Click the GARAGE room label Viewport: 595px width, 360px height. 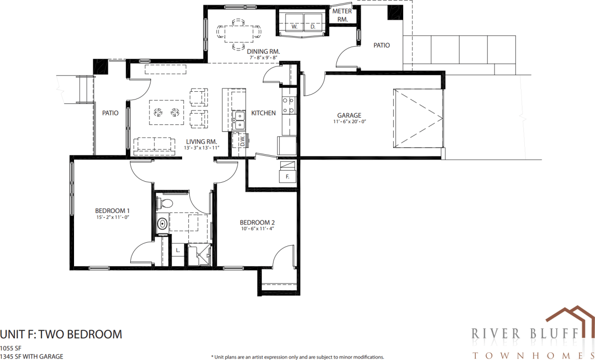pyautogui.click(x=349, y=115)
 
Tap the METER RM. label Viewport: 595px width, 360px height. pyautogui.click(x=342, y=15)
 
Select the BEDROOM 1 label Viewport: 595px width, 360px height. pyautogui.click(x=112, y=211)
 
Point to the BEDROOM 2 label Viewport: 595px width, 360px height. pyautogui.click(x=257, y=223)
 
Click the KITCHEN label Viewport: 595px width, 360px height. pyautogui.click(x=263, y=113)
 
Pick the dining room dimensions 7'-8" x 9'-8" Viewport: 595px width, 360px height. pyautogui.click(x=264, y=58)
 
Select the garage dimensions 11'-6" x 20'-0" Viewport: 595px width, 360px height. pyautogui.click(x=349, y=122)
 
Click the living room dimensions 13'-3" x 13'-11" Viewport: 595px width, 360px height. pyautogui.click(x=201, y=148)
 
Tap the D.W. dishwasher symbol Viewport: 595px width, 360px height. pyautogui.click(x=242, y=141)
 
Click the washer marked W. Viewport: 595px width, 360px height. pyautogui.click(x=294, y=27)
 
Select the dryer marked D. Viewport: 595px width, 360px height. pyautogui.click(x=312, y=27)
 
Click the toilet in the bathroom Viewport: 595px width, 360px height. pyautogui.click(x=165, y=202)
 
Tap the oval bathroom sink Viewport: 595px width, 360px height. pyautogui.click(x=162, y=223)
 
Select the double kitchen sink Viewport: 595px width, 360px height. pyautogui.click(x=238, y=121)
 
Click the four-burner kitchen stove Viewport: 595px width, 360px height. pyautogui.click(x=288, y=106)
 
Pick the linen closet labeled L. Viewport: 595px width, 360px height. pyautogui.click(x=177, y=250)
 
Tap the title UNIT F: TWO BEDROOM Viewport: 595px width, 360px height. pyautogui.click(x=61, y=334)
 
